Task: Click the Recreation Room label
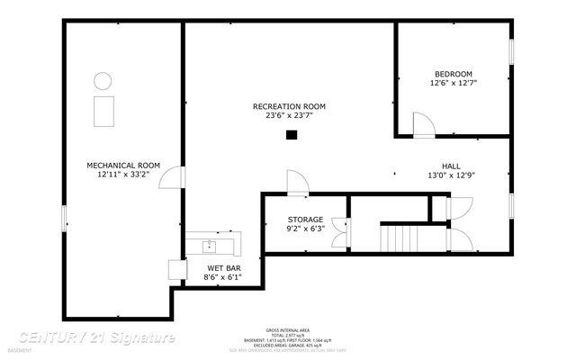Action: point(289,106)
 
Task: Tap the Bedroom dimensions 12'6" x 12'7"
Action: point(454,83)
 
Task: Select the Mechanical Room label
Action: point(123,165)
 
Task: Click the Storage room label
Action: point(305,220)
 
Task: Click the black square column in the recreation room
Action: point(291,135)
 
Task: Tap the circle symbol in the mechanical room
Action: point(103,80)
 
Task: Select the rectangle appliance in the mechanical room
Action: point(103,111)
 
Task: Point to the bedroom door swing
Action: point(421,124)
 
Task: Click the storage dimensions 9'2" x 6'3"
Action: point(305,229)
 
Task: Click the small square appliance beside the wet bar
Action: point(175,268)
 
